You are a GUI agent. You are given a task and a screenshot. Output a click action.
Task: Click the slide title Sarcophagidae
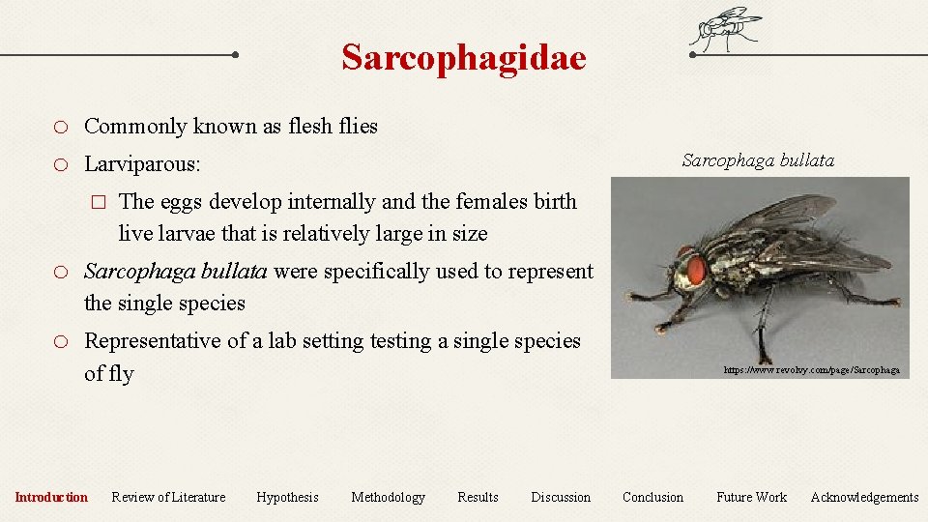tap(463, 58)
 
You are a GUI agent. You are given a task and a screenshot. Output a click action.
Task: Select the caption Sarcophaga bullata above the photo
tap(757, 160)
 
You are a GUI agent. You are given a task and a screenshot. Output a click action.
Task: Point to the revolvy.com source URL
tap(811, 369)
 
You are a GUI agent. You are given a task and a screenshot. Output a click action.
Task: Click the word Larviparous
tap(141, 164)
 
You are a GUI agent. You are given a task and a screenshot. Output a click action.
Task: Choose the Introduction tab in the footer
tap(51, 497)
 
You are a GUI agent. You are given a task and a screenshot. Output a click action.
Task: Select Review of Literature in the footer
tap(168, 497)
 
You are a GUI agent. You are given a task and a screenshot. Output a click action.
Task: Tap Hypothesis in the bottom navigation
tap(287, 497)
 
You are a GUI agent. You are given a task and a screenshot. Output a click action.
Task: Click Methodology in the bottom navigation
tap(388, 497)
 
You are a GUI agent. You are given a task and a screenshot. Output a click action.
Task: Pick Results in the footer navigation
tap(478, 497)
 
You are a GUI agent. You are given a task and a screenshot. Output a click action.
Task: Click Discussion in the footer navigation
tap(560, 497)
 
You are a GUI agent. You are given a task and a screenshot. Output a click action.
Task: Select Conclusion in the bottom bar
tap(652, 497)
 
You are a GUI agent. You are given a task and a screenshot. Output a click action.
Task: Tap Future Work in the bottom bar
tap(751, 497)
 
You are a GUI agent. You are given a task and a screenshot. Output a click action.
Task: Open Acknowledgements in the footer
tap(864, 497)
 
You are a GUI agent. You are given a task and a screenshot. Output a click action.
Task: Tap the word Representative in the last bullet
tap(150, 341)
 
